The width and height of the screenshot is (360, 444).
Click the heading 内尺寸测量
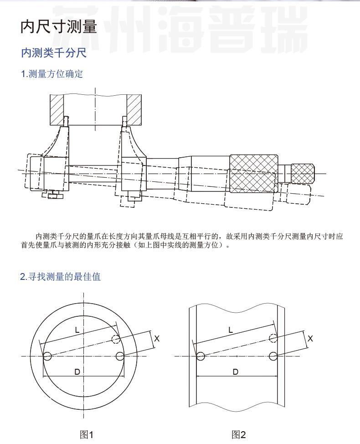coord(59,27)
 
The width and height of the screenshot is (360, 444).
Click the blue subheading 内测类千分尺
coord(54,53)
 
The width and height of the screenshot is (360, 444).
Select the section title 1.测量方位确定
coord(52,74)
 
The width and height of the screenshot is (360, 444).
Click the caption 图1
coord(87,434)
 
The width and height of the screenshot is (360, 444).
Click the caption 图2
coord(238,434)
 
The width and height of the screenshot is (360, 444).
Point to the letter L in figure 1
coord(77,330)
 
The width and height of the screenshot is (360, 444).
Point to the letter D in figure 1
coord(77,372)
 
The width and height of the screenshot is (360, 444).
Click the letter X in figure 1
coord(157,339)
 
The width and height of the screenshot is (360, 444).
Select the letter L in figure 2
coord(231,330)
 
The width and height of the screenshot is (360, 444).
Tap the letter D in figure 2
coord(235,372)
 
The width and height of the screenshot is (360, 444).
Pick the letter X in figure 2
coord(310,339)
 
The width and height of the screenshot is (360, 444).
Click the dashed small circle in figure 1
coord(116,339)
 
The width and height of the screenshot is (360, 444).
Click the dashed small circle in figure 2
coord(273,338)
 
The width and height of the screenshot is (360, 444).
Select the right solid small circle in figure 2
coord(273,356)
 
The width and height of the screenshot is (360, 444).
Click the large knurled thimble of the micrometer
coord(254,173)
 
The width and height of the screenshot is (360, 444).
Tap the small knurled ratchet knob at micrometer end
coord(303,173)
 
